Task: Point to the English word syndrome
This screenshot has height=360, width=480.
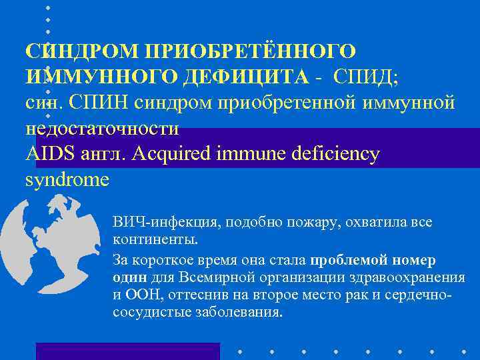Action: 66,180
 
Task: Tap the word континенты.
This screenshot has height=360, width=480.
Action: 155,238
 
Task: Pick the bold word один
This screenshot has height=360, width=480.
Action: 127,277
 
